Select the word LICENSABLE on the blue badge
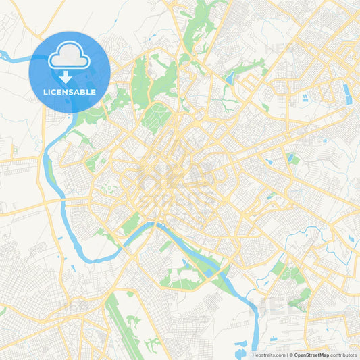(70, 92)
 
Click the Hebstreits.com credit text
(267, 355)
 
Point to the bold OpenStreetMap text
(311, 355)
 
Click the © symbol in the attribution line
(290, 355)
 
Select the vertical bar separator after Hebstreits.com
(286, 355)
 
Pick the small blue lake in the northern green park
(230, 78)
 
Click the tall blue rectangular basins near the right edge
(346, 91)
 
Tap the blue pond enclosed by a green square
(291, 158)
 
